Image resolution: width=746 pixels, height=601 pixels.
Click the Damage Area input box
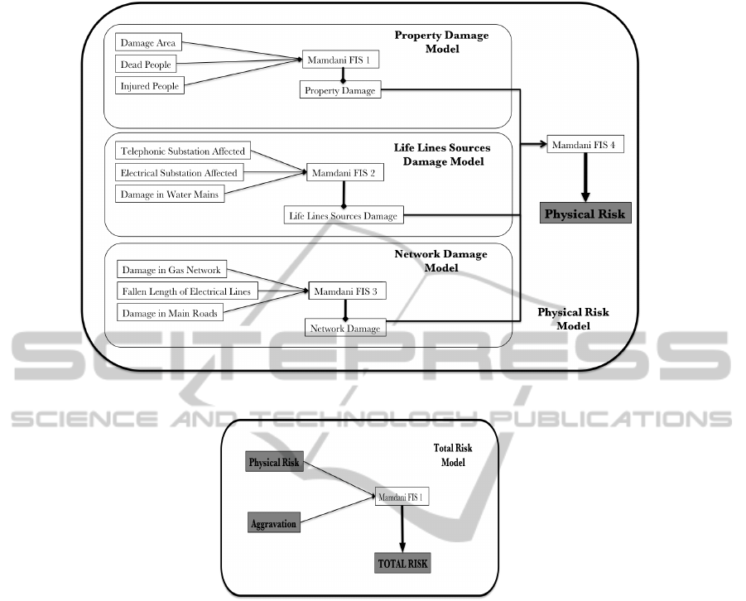pyautogui.click(x=149, y=42)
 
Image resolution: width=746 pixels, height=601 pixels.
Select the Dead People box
pyautogui.click(x=149, y=64)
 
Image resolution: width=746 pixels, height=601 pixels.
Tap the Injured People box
pyautogui.click(x=149, y=85)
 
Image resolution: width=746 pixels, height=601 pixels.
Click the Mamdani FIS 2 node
pyautogui.click(x=343, y=175)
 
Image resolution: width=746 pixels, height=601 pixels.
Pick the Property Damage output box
pyautogui.click(x=339, y=90)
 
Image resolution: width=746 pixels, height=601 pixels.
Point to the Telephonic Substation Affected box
pyautogui.click(x=183, y=152)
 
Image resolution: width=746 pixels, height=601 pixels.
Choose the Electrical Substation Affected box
pyautogui.click(x=179, y=173)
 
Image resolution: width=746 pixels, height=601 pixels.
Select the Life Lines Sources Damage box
pyautogui.click(x=342, y=216)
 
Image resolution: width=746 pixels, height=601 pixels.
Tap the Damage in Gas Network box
pyautogui.click(x=172, y=271)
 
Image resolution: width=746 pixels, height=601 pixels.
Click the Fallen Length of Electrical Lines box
pyautogui.click(x=185, y=291)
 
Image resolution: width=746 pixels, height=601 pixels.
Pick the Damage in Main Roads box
pyautogui.click(x=171, y=313)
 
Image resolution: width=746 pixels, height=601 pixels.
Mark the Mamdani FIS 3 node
pyautogui.click(x=348, y=291)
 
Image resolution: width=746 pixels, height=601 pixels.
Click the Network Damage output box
pyautogui.click(x=345, y=329)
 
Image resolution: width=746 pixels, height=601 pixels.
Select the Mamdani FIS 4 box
pyautogui.click(x=585, y=145)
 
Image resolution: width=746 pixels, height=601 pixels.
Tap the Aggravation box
pyautogui.click(x=273, y=524)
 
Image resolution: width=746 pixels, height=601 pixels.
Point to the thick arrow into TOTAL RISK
pyautogui.click(x=402, y=530)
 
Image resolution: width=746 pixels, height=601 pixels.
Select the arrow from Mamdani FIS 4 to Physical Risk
pyautogui.click(x=585, y=177)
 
